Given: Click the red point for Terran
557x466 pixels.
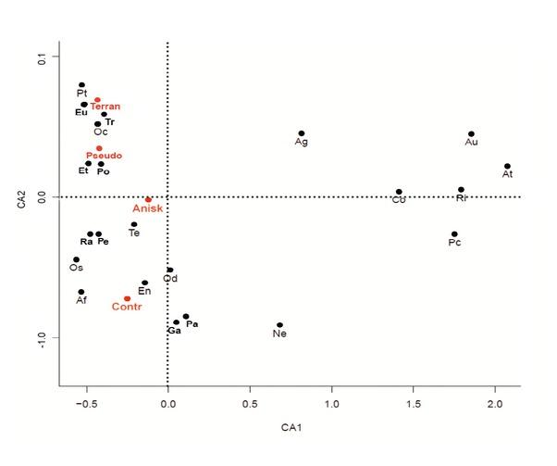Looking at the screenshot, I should pos(97,100).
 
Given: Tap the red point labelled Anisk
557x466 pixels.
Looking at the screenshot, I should pos(148,199).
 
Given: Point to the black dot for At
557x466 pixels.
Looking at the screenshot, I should pos(507,167).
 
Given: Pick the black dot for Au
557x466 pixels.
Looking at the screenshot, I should pos(471,134).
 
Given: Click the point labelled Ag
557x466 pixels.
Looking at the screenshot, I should pos(301,133).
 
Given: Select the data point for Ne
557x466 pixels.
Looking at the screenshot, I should pos(279,325).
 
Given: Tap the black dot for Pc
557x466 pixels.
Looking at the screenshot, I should pos(454,234).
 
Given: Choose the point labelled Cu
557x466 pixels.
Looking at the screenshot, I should pos(399,192).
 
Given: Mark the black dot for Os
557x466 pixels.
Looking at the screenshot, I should pos(76,259).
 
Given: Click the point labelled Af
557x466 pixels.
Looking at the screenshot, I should pos(81,292).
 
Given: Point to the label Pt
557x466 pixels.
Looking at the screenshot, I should pos(82,94).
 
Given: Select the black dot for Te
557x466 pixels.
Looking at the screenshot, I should pos(134,224).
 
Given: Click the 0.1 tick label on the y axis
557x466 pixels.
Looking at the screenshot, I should pos(41,58).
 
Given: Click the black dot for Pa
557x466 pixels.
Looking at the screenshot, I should pos(186,316).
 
